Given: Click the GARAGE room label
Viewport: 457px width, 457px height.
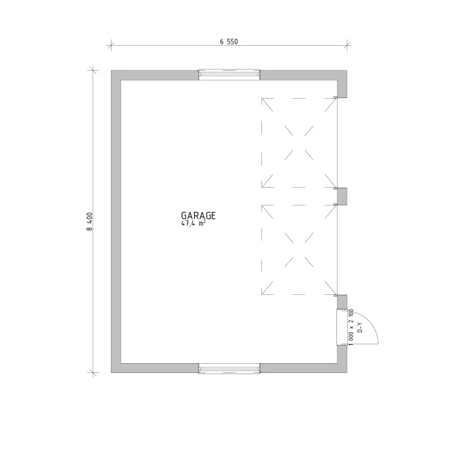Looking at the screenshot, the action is (198, 216).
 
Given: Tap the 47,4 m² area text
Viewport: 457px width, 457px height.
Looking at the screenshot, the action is (193, 224).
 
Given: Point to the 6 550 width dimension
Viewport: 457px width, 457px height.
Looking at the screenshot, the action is (228, 41).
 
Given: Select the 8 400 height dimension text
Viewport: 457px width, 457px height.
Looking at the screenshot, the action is (90, 222).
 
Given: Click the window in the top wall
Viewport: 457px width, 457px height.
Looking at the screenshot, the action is (229, 74).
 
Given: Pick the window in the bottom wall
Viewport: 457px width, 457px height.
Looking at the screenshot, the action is (229, 369).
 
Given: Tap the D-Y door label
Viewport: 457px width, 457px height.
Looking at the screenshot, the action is (360, 327).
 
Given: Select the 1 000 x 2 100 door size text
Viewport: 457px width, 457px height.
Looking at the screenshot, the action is (350, 327).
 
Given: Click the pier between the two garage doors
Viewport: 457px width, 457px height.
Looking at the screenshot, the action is (342, 196).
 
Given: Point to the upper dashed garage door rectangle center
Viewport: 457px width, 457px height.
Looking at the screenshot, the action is (299, 143).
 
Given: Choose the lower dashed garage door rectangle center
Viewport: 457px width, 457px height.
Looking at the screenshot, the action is (299, 250).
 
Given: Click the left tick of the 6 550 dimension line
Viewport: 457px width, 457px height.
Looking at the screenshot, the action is (111, 46).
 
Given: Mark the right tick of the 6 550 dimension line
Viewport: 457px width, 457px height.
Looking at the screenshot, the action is (347, 46).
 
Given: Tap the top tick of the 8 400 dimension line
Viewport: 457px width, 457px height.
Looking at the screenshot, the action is (93, 70).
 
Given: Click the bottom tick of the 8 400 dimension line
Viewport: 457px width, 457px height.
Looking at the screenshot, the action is (93, 372).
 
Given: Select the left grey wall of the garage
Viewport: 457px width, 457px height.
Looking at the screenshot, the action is (116, 222).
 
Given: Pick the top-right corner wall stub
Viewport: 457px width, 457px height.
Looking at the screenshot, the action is (342, 84).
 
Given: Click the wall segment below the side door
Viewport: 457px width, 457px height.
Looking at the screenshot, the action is (342, 359).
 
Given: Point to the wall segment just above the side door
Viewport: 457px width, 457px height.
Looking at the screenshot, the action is (342, 302).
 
